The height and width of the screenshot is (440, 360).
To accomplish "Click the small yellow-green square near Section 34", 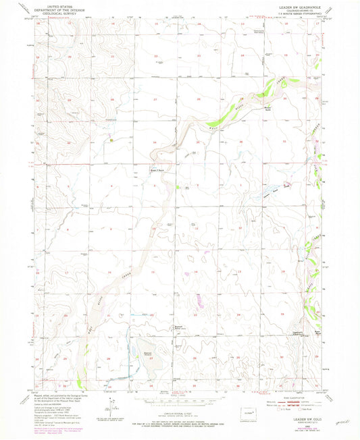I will (111, 140).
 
